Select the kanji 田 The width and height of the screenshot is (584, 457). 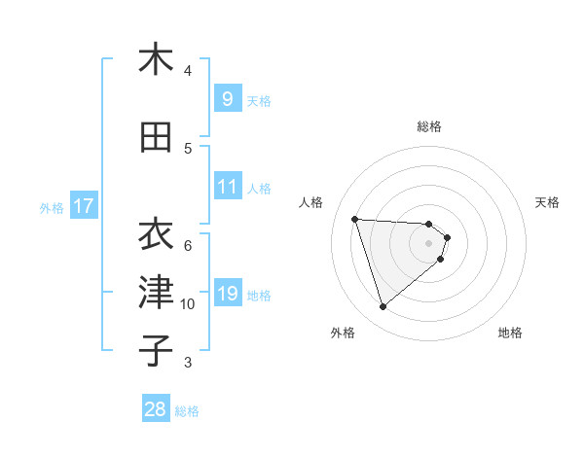[156, 137]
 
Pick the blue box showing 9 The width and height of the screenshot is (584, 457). [227, 99]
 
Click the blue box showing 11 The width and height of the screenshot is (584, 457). [227, 188]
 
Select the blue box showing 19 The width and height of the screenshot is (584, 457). [227, 295]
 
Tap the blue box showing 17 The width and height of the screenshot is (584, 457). [83, 206]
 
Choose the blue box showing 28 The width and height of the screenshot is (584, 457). [155, 409]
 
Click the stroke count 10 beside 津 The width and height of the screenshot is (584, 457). [188, 304]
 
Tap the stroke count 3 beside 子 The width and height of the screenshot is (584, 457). [188, 363]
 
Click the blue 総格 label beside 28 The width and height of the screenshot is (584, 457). [187, 411]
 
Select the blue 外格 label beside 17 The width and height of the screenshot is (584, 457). [51, 207]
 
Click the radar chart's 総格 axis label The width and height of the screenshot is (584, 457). [429, 126]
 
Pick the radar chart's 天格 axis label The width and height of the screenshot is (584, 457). [548, 202]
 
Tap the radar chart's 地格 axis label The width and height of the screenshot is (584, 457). [510, 333]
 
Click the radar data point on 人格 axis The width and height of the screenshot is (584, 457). [355, 219]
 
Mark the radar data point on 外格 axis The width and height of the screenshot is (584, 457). [383, 307]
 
